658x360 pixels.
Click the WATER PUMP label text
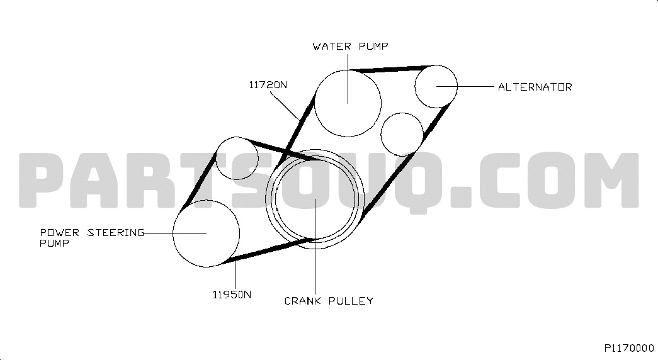351,46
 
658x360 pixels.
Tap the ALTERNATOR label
535,87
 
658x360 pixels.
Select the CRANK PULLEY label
328,301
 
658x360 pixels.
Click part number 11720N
268,84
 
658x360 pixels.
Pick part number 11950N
232,294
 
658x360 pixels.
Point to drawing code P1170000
629,347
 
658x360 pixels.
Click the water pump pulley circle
348,103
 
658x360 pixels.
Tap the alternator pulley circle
436,86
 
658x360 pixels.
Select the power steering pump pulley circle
206,233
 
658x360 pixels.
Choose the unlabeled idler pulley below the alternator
402,134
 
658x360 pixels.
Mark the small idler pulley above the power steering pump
237,158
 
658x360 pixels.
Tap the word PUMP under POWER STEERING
54,242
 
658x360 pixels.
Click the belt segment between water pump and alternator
390,67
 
